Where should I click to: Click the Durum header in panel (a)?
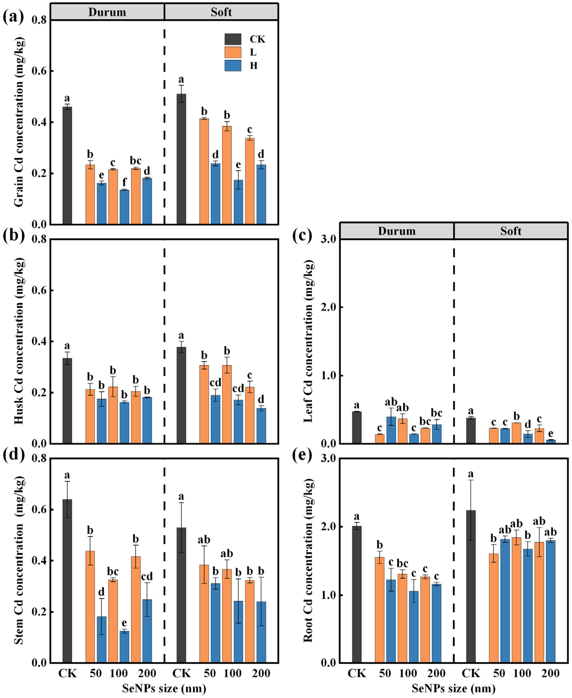click(107, 12)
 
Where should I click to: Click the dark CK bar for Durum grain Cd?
click(67, 166)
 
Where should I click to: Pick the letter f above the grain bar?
click(124, 182)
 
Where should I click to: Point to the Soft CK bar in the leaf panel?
click(471, 431)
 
